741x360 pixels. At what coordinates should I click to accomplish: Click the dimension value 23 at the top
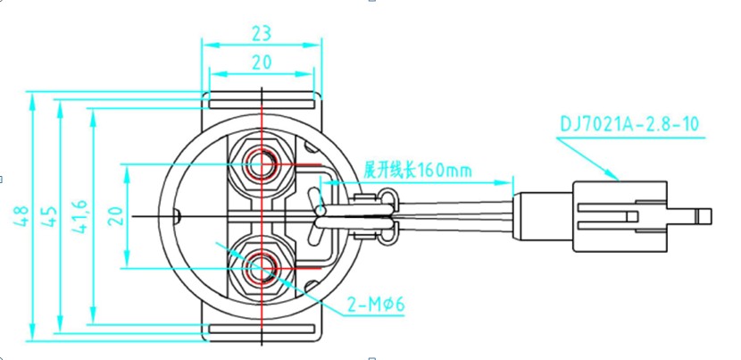(x=261, y=33)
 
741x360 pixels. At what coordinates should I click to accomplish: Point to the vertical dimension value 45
(x=49, y=216)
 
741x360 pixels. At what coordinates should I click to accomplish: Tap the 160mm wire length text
(x=417, y=170)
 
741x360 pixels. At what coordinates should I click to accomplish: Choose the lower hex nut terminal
(x=262, y=267)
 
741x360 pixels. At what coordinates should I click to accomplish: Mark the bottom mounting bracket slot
(x=261, y=332)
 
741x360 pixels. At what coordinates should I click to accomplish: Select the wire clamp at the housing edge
(x=369, y=216)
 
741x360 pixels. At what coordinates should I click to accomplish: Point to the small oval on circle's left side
(x=177, y=215)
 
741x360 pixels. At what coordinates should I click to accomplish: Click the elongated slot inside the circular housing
(x=312, y=214)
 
